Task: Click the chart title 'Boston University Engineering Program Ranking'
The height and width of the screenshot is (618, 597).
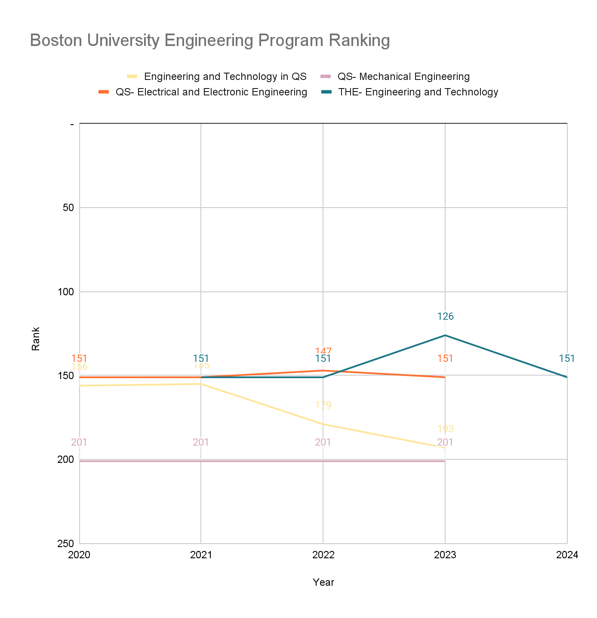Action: [x=210, y=40]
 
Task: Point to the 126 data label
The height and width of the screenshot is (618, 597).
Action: [x=445, y=317]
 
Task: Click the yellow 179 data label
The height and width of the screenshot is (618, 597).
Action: [x=323, y=405]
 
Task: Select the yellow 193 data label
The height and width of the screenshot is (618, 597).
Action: [x=445, y=429]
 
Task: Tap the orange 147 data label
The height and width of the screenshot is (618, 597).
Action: [x=323, y=351]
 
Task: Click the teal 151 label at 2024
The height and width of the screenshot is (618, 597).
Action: [x=566, y=358]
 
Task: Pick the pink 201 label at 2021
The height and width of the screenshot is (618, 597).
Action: [x=201, y=442]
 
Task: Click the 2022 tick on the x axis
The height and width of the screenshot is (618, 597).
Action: [x=323, y=555]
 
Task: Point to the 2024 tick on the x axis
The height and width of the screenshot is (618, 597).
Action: [x=567, y=555]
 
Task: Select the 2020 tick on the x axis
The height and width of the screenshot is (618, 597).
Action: [x=79, y=555]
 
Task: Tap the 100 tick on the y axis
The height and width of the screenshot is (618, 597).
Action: [x=66, y=292]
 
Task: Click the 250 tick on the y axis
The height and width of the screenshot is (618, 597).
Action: [x=66, y=544]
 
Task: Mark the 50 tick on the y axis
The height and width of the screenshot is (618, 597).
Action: [x=68, y=208]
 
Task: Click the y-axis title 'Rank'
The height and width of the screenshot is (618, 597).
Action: [x=36, y=339]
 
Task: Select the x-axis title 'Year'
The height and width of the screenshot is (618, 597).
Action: [x=323, y=582]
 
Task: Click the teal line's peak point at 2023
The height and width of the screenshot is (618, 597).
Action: [x=445, y=335]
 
